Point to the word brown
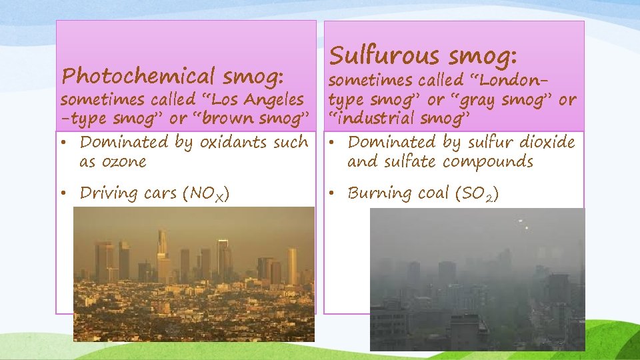click(215, 119)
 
